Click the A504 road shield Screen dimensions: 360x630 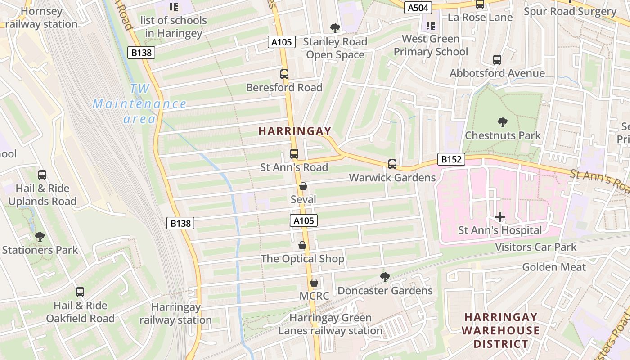[418, 8]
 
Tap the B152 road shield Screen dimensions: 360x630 [451, 159]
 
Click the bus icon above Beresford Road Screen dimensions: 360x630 [284, 74]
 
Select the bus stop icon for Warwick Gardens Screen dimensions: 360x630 [392, 164]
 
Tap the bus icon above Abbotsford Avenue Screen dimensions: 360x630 [497, 60]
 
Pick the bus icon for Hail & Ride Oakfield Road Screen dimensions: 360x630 [80, 292]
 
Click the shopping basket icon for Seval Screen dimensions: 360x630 [303, 186]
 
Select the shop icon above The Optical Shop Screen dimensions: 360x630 [302, 245]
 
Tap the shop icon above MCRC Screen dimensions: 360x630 [314, 283]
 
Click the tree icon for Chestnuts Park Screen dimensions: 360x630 [503, 122]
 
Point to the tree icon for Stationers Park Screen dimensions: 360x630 [40, 236]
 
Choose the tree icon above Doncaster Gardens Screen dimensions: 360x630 [385, 277]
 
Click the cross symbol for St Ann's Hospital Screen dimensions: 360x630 [500, 217]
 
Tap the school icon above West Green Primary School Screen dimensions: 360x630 [431, 25]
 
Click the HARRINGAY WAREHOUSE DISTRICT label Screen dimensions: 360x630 [501, 330]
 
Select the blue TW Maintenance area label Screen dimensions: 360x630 [139, 104]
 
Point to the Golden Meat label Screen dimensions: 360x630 [554, 267]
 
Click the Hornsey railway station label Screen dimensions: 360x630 [41, 18]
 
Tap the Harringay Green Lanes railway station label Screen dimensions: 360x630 [331, 324]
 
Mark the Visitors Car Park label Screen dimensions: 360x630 [536, 247]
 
